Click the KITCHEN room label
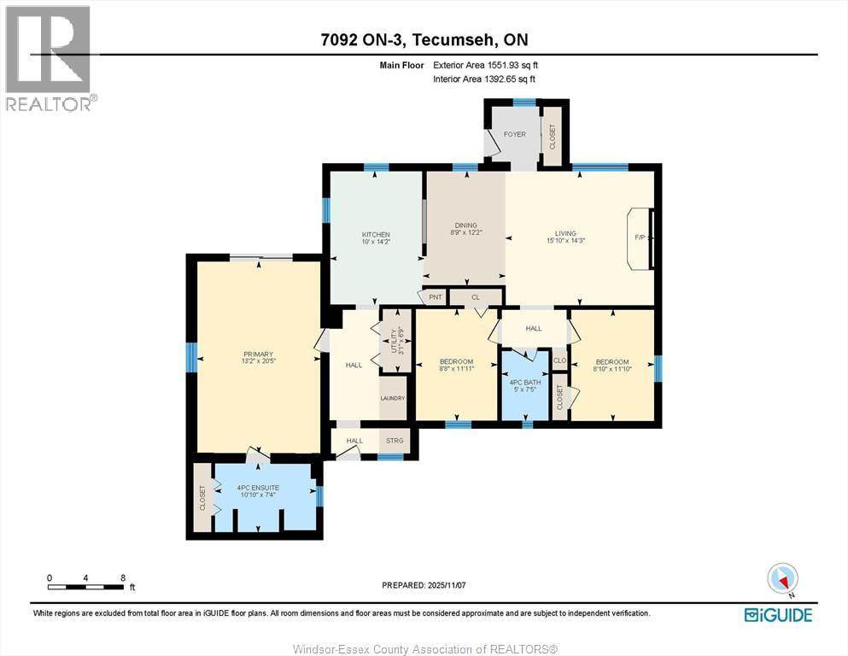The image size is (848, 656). pyautogui.click(x=376, y=235)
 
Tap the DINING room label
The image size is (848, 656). pyautogui.click(x=465, y=225)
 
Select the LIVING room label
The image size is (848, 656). pyautogui.click(x=565, y=233)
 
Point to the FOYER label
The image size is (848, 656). pyautogui.click(x=514, y=134)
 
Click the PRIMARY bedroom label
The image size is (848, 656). pyautogui.click(x=258, y=354)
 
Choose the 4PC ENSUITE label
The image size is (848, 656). pyautogui.click(x=258, y=488)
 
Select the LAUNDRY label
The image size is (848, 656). pyautogui.click(x=393, y=398)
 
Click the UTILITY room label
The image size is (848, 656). pyautogui.click(x=396, y=339)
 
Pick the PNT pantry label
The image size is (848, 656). pyautogui.click(x=436, y=297)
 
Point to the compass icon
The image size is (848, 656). pyautogui.click(x=782, y=579)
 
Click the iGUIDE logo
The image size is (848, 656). pyautogui.click(x=777, y=614)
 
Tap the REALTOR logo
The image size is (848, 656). pyautogui.click(x=50, y=58)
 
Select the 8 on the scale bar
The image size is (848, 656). pyautogui.click(x=123, y=577)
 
